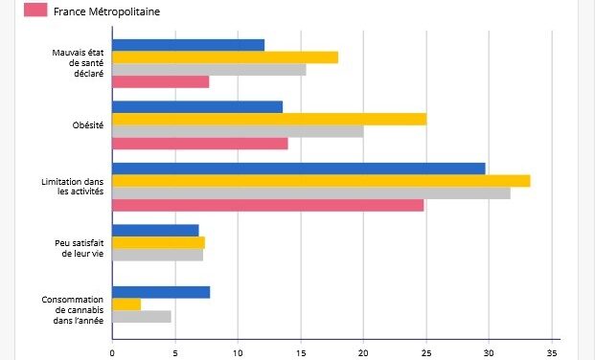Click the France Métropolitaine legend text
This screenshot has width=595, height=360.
pyautogui.click(x=106, y=11)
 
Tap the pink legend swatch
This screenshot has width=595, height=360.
pyautogui.click(x=35, y=11)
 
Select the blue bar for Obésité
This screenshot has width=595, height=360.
pyautogui.click(x=197, y=106)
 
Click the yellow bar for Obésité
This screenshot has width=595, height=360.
pyautogui.click(x=269, y=119)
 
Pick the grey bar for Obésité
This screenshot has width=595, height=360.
pyautogui.click(x=238, y=131)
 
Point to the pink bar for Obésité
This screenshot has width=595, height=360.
pyautogui.click(x=200, y=144)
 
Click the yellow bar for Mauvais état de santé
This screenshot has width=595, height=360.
pyautogui.click(x=225, y=56)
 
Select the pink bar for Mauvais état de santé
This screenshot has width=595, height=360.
pyautogui.click(x=160, y=81)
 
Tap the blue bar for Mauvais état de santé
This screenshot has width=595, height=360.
pyautogui.click(x=188, y=44)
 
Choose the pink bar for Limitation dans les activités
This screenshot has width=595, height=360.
pyautogui.click(x=267, y=205)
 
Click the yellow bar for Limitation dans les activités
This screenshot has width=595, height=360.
pyautogui.click(x=321, y=181)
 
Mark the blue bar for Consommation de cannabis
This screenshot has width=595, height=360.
pyautogui.click(x=161, y=292)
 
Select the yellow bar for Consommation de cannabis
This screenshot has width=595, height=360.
pyautogui.click(x=126, y=304)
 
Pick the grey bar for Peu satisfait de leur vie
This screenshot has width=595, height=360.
pyautogui.click(x=157, y=256)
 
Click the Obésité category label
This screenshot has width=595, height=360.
pyautogui.click(x=87, y=125)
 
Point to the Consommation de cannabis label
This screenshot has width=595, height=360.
pyautogui.click(x=72, y=309)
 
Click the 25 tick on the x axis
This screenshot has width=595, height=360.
pyautogui.click(x=425, y=351)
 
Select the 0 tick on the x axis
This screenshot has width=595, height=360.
pyautogui.click(x=112, y=351)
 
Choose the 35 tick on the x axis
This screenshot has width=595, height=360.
pyautogui.click(x=551, y=351)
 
